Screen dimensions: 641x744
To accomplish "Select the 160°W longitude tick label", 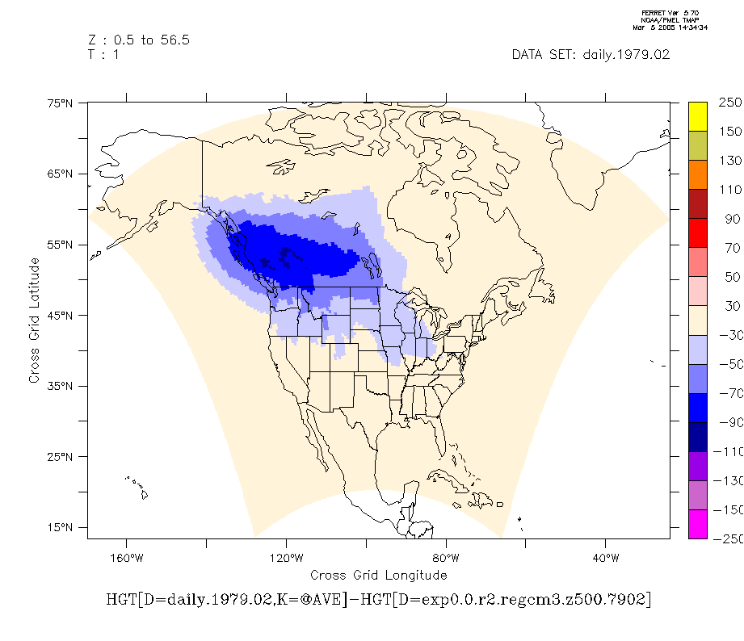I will [127, 558].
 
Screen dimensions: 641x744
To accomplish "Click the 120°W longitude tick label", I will [286, 558].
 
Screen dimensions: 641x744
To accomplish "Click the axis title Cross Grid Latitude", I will [35, 320].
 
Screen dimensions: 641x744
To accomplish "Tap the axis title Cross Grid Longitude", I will [378, 575].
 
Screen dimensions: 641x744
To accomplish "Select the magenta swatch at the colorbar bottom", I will [698, 524].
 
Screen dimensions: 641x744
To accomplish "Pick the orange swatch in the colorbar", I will [698, 174].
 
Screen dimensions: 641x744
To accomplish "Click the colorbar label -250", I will [728, 538].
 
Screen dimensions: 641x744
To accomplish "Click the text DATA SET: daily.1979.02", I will [591, 55].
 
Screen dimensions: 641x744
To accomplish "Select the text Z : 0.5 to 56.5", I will [138, 40].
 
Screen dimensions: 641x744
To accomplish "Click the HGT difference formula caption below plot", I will [378, 601].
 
